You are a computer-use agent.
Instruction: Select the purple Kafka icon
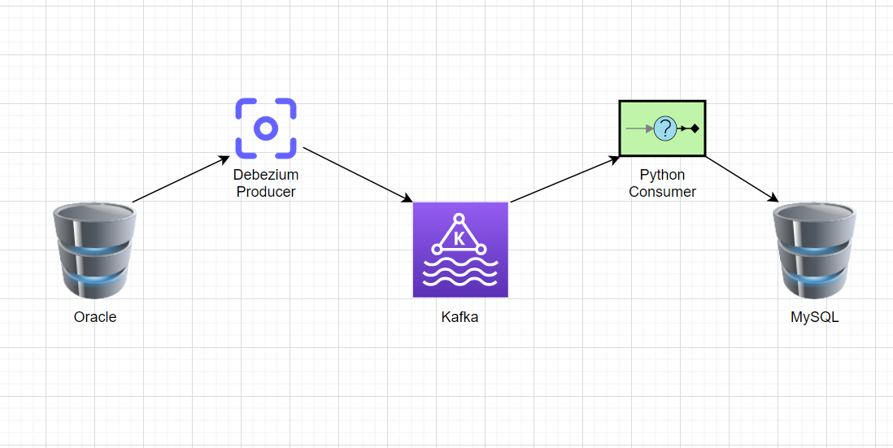click(x=460, y=250)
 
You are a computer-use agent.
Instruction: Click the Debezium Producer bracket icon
click(x=265, y=128)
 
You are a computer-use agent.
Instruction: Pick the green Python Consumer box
click(x=662, y=128)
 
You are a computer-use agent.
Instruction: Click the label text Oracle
click(x=95, y=317)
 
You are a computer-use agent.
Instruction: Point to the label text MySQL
click(x=814, y=317)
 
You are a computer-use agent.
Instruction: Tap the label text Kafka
click(x=460, y=317)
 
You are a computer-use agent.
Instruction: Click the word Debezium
click(x=266, y=176)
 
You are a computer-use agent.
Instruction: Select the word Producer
click(x=266, y=192)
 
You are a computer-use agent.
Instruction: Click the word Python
click(x=662, y=176)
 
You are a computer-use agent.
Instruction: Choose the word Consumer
click(x=662, y=192)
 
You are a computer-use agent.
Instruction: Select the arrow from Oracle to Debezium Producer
click(x=181, y=179)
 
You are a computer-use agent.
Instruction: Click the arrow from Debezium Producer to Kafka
click(x=358, y=175)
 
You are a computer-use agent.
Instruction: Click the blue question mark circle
click(x=665, y=128)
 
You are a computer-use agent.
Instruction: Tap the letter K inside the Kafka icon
click(x=460, y=238)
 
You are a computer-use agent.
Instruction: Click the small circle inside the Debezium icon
click(x=265, y=128)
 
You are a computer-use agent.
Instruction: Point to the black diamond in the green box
click(x=695, y=128)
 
